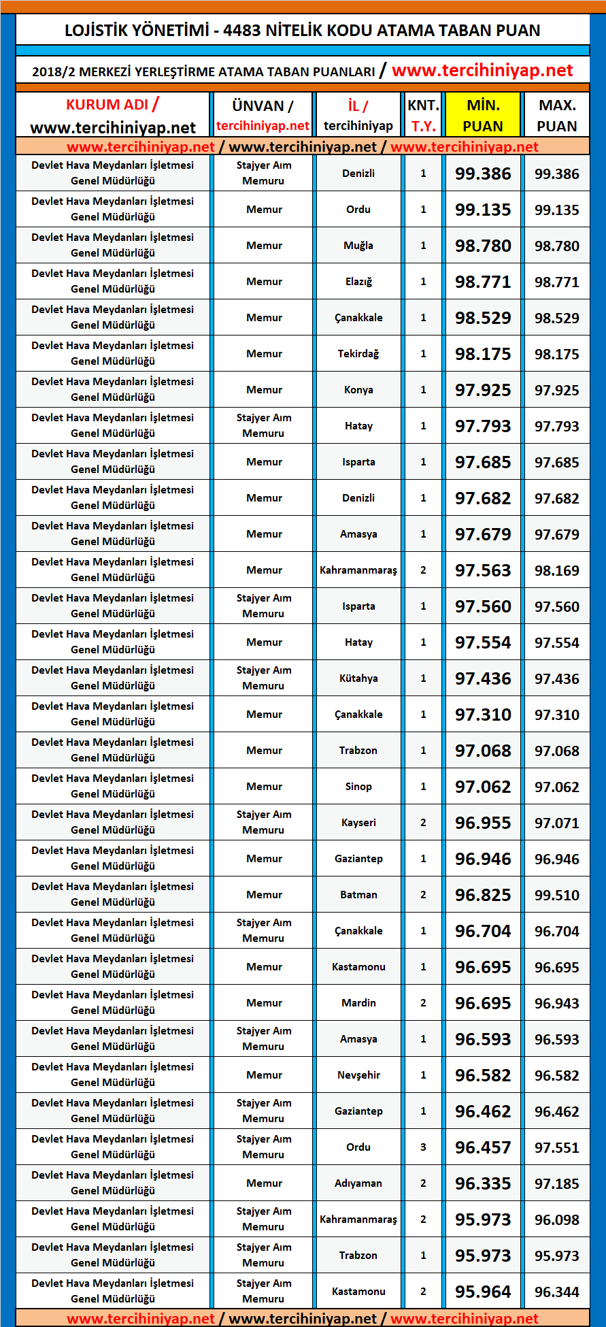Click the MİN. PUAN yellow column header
483,115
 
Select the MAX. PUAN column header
557,115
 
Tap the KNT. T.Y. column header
423,115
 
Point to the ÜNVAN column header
263,106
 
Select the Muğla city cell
358,246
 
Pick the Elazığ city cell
358,282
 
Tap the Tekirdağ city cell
358,354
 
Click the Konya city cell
358,390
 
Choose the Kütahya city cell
358,678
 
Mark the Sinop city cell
358,787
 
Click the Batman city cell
358,895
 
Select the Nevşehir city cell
358,1075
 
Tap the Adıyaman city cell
358,1183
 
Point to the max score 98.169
557,571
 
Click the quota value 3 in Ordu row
423,1147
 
